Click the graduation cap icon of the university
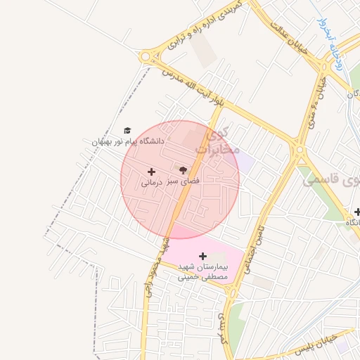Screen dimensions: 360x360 tap(127, 130)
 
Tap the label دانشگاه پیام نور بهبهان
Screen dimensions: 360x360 tap(127, 141)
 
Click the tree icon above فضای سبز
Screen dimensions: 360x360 tap(184, 170)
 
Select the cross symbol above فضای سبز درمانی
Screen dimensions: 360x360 tap(151, 172)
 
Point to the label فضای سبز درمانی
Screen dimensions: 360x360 tap(170, 181)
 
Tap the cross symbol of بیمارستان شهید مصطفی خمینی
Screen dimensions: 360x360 tap(203, 256)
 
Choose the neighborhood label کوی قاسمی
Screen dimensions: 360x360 tap(330, 180)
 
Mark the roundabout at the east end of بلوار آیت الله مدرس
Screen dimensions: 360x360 tap(300, 149)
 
